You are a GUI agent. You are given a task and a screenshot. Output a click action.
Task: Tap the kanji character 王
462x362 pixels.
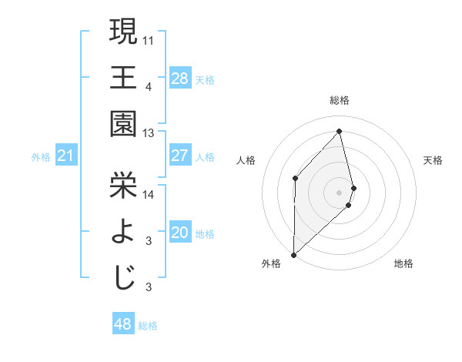123,77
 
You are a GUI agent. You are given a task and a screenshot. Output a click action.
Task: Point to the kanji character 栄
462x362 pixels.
123,185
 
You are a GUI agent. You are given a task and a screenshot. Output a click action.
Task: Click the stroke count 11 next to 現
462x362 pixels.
149,39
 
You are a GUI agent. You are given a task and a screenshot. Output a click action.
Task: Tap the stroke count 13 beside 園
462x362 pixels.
149,133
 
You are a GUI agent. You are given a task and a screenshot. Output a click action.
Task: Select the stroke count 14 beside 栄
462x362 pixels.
149,195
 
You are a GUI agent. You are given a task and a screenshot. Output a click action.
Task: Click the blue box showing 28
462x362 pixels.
179,78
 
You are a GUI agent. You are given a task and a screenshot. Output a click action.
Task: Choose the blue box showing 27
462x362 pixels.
179,156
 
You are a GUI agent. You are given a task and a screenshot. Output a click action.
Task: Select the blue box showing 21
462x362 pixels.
66,156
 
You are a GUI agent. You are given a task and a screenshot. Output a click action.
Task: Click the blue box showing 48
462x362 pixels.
122,324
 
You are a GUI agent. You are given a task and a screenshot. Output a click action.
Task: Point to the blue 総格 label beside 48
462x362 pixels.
148,326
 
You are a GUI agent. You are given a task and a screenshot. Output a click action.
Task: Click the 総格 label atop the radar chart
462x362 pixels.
339,100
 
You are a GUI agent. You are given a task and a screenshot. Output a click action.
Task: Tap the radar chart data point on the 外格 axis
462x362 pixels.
293,254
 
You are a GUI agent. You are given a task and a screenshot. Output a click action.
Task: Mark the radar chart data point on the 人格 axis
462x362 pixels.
295,179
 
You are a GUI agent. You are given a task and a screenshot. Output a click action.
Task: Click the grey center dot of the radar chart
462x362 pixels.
339,192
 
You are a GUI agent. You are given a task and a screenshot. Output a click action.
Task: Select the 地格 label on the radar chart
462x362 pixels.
403,264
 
